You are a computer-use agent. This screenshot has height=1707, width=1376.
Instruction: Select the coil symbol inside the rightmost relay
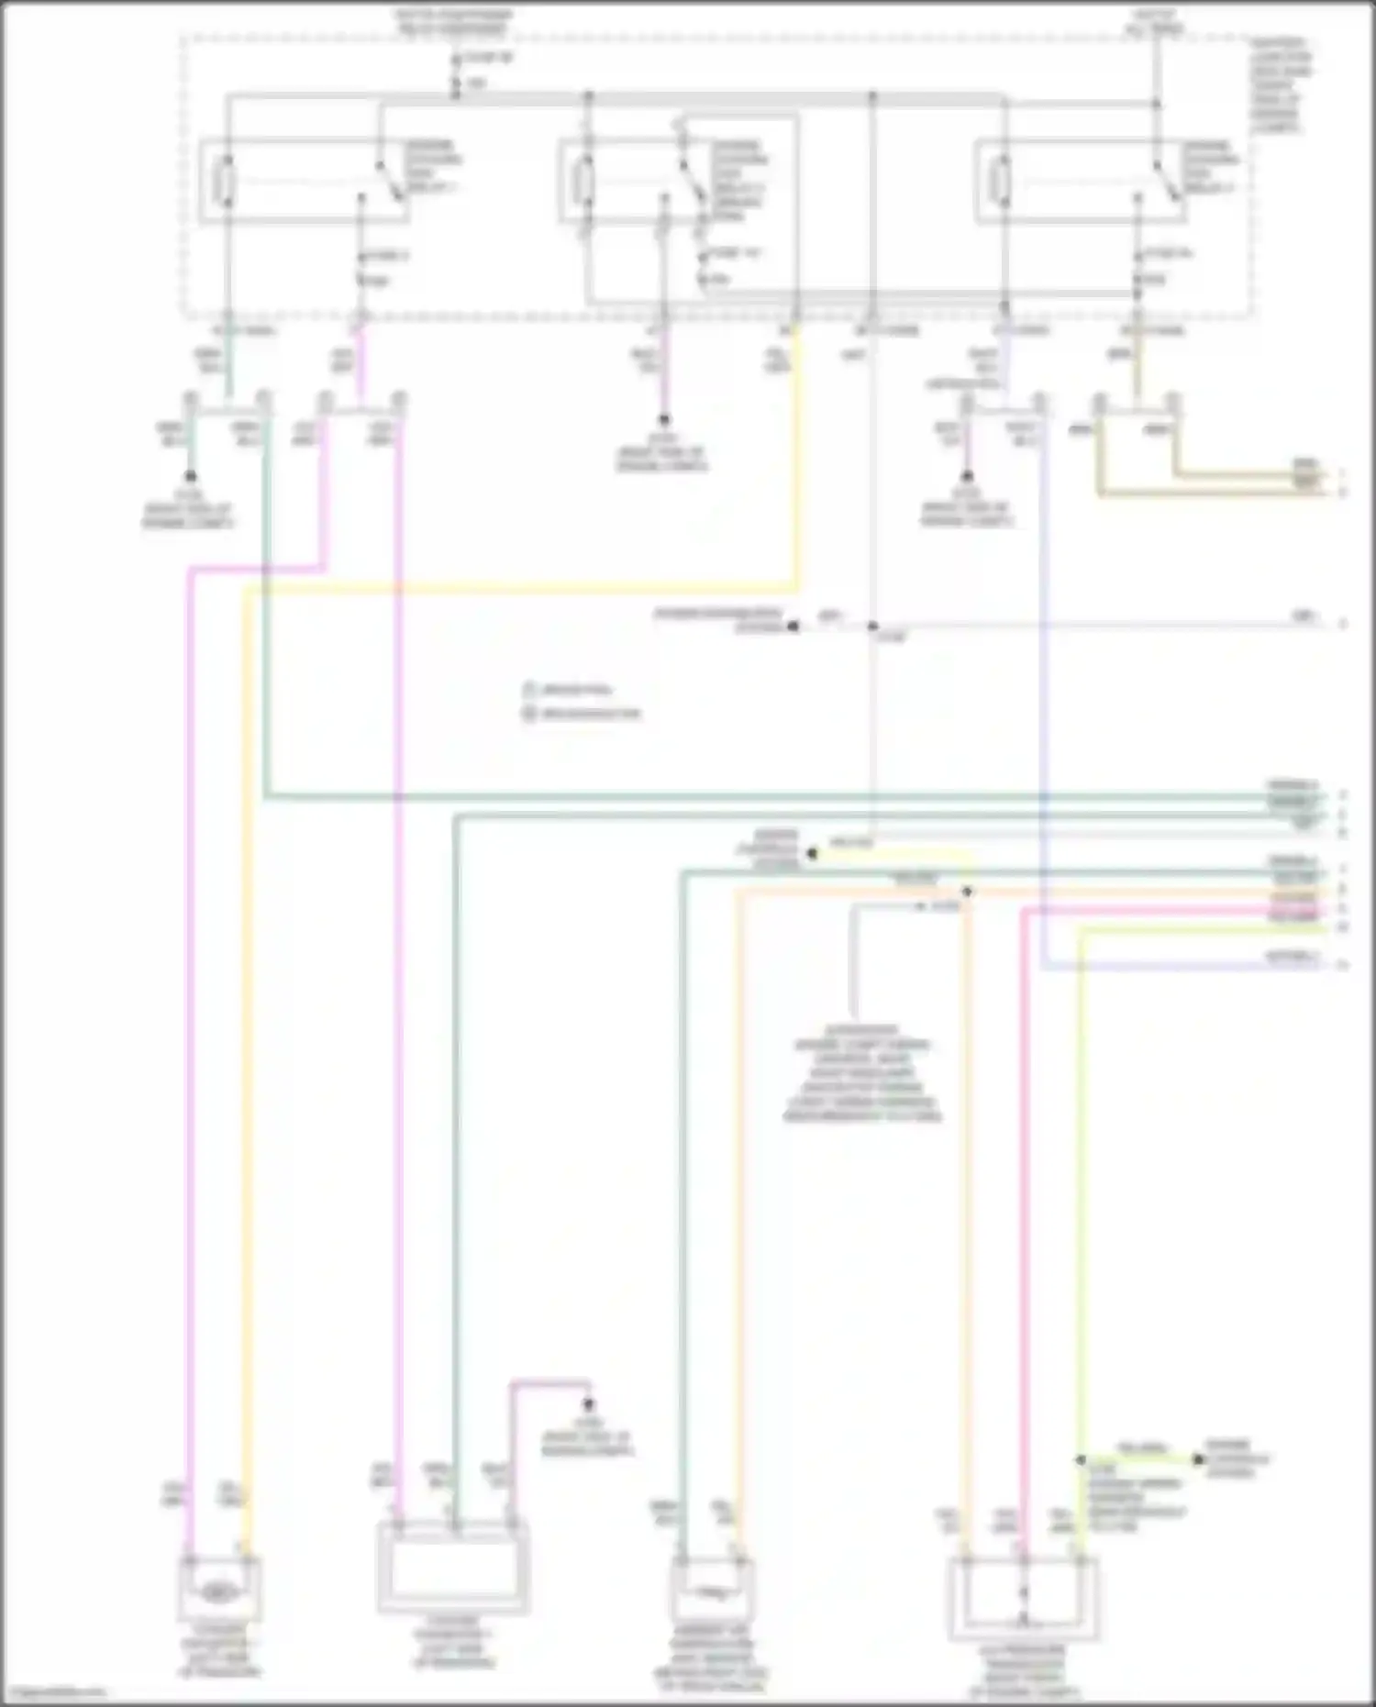tap(1003, 181)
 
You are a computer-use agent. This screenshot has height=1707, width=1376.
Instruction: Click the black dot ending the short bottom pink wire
tap(589, 1404)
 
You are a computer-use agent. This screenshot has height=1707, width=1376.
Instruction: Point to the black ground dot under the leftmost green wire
tap(190, 476)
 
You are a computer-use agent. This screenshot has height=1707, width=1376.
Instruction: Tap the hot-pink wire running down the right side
tap(1024, 1192)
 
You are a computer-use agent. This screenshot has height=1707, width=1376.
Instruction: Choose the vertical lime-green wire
tap(1080, 1192)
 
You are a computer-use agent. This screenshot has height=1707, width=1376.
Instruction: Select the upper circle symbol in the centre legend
tap(529, 689)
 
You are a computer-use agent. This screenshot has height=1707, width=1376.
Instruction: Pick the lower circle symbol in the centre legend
tap(529, 714)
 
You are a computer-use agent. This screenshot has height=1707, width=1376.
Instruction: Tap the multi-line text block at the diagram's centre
tap(862, 1073)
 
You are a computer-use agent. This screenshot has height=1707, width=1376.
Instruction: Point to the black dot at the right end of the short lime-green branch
tap(1197, 1459)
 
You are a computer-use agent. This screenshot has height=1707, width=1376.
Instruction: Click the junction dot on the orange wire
tap(967, 892)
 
